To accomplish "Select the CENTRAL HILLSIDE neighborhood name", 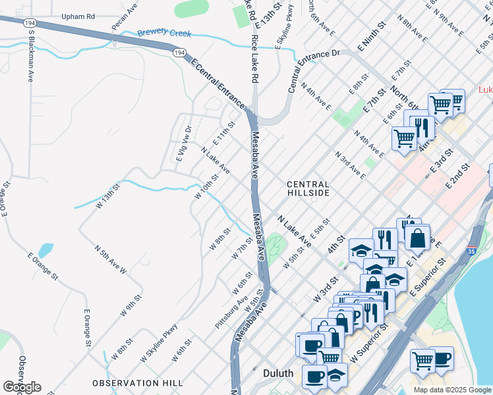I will click(x=308, y=188).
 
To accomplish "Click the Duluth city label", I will click(x=277, y=373).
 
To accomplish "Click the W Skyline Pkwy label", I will click(x=159, y=342).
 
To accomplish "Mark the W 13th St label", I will click(x=109, y=196).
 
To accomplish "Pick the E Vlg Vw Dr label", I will click(x=183, y=144).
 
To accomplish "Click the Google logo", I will click(x=22, y=386).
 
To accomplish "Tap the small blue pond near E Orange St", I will click(x=45, y=251).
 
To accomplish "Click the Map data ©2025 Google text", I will click(x=451, y=390).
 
